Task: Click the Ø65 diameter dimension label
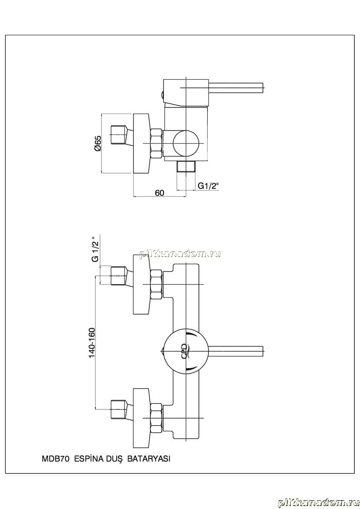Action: click(98, 144)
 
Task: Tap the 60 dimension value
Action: click(159, 193)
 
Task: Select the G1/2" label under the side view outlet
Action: click(209, 186)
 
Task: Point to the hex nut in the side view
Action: click(156, 144)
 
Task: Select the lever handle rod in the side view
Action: click(237, 87)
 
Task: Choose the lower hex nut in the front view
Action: click(156, 417)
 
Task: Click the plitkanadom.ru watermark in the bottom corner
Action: click(318, 502)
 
